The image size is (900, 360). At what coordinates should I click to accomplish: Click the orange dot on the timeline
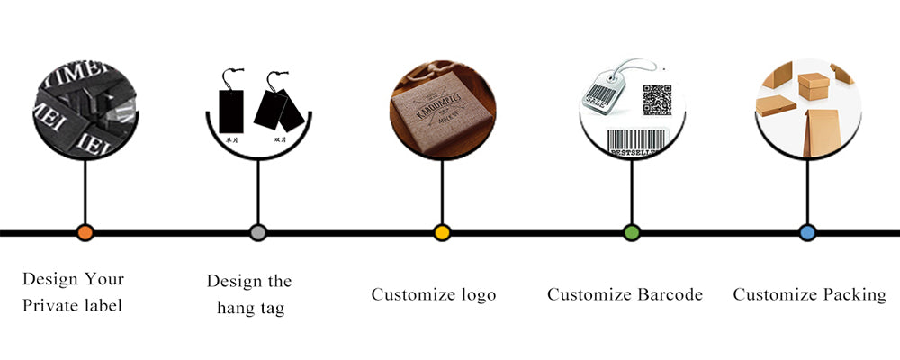(x=85, y=233)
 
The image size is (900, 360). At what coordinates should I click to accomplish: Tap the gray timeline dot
(x=258, y=233)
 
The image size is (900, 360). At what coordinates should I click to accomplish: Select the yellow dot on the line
(x=441, y=233)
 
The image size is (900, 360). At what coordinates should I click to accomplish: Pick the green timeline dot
(x=632, y=233)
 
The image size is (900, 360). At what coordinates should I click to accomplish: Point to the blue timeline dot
(x=807, y=233)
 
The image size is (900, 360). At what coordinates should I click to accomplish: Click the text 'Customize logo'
(x=433, y=295)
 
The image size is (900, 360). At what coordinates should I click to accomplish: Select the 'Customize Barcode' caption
(x=625, y=294)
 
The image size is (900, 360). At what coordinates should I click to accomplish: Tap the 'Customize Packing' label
(x=808, y=294)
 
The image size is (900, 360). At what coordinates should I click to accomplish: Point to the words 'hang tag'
(x=250, y=309)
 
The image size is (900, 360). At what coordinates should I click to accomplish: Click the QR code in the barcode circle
(x=657, y=98)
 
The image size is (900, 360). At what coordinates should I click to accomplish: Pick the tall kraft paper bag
(x=818, y=130)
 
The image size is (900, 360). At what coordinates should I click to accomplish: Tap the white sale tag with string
(x=605, y=90)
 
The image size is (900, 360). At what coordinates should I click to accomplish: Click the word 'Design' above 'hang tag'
(x=238, y=281)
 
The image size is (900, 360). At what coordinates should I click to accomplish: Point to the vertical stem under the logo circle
(x=441, y=193)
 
